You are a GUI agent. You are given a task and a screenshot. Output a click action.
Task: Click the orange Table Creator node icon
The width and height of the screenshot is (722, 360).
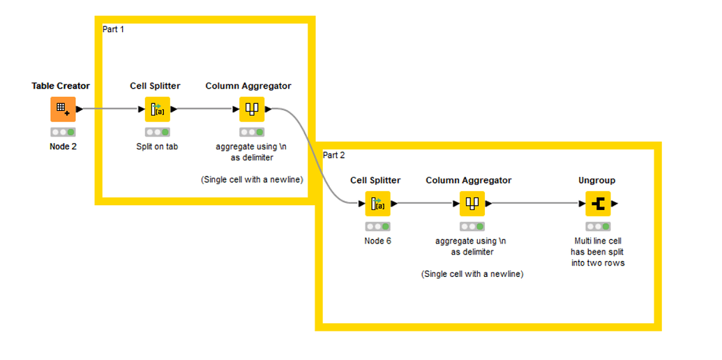63,110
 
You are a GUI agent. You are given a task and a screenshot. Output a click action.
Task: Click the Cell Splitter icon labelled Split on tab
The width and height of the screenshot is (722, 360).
157,110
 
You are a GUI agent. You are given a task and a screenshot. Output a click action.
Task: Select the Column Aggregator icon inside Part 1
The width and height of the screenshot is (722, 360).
252,110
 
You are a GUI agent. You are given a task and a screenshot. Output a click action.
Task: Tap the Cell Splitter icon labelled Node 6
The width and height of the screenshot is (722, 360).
377,204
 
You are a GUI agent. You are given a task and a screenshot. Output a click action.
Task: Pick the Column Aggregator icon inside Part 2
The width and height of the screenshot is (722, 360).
472,204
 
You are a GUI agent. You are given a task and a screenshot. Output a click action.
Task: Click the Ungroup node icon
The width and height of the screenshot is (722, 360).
598,204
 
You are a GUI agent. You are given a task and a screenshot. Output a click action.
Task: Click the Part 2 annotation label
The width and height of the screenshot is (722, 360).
333,154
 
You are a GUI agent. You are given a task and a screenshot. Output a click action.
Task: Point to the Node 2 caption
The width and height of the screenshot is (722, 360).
63,147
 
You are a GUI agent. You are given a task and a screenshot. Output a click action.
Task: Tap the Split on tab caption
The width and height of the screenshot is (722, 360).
157,147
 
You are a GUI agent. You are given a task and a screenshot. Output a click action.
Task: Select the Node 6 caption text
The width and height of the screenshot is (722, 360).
377,241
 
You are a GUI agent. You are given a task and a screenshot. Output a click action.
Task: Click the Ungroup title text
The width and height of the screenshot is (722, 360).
597,180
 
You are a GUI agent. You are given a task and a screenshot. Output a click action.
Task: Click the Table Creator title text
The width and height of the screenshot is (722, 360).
61,86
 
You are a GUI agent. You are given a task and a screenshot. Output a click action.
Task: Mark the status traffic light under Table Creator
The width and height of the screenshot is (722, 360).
63,132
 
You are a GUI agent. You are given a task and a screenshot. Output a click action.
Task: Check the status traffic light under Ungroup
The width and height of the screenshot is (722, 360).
598,227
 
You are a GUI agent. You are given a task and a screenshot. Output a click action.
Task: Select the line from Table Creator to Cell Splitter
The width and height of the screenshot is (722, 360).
112,110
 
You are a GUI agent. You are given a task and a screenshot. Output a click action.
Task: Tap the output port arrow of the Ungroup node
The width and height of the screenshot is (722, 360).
615,204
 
